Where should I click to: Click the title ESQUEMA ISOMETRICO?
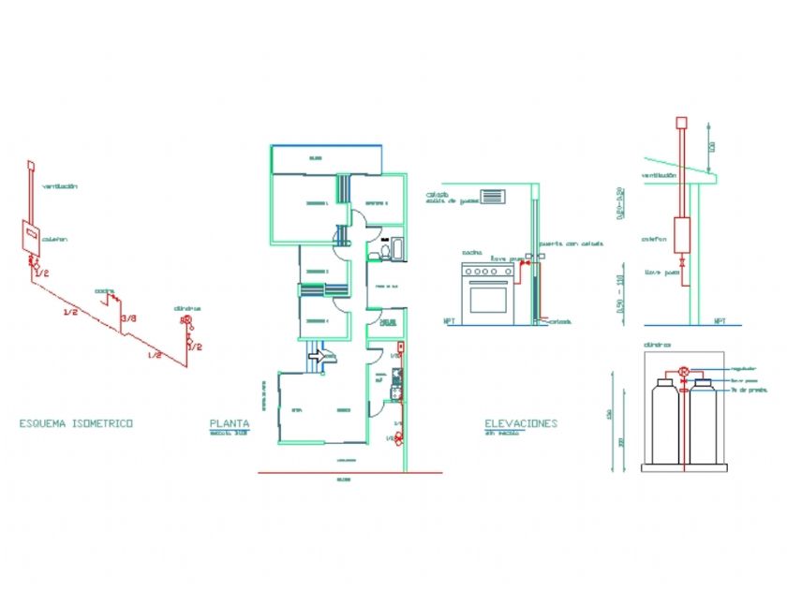[76, 423]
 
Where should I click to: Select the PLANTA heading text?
[230, 423]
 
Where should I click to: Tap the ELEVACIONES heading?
[521, 423]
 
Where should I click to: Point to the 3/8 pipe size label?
[130, 318]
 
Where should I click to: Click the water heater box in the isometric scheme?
[31, 238]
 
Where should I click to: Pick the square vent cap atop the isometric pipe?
[30, 167]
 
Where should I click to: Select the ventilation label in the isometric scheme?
[59, 186]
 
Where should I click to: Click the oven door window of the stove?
[487, 299]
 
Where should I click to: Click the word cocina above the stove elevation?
[472, 253]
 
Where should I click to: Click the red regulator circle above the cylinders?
[684, 371]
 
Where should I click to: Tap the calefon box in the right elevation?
[681, 236]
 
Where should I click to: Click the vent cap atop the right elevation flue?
[682, 122]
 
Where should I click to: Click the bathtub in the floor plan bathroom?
[397, 247]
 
